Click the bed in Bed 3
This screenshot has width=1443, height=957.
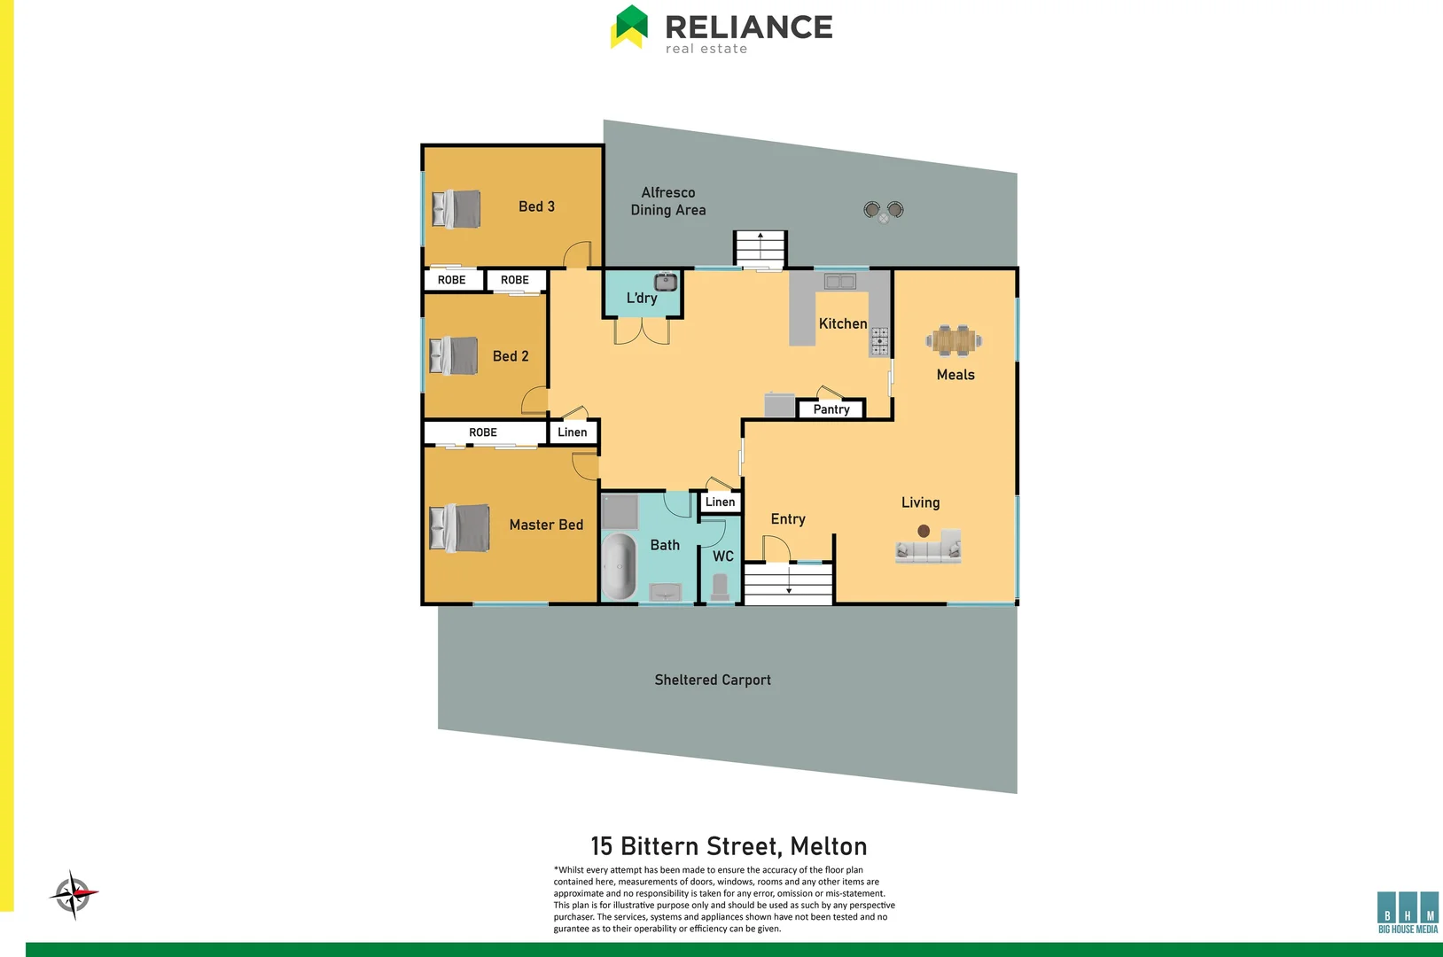456,209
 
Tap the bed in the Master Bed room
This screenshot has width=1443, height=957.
459,528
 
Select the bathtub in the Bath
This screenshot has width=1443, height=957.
619,566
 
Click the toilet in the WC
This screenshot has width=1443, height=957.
720,586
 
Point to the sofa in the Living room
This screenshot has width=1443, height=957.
928,548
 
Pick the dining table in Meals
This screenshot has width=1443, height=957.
954,340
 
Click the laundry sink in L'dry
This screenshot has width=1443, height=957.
666,283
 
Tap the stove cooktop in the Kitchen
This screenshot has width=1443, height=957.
879,342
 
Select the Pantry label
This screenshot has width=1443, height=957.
831,409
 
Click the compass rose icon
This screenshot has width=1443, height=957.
73,894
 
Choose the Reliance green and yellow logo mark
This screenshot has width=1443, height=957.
629,27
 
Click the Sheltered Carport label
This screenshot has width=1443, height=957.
713,680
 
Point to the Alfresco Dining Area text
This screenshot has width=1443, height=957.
668,201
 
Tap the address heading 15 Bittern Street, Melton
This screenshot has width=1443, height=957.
729,846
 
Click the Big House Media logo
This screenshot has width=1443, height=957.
1408,912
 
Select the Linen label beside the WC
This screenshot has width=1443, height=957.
720,502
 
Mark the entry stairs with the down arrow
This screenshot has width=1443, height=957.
788,584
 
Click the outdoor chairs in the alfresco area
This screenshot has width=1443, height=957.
884,211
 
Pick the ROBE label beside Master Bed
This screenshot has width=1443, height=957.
483,432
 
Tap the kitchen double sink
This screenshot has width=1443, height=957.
839,282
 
